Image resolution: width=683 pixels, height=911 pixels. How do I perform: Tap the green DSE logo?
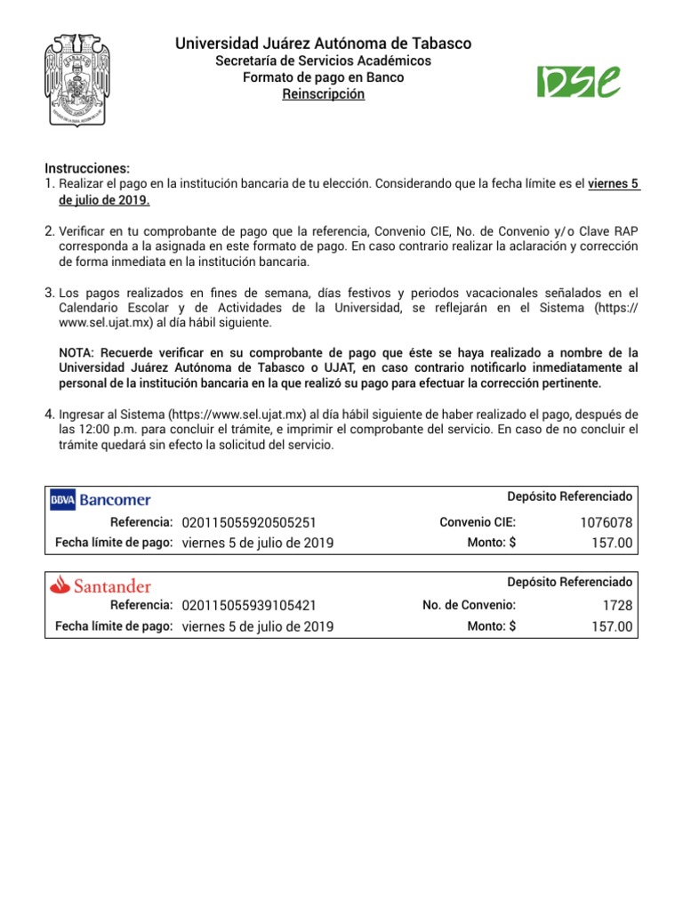pos(578,81)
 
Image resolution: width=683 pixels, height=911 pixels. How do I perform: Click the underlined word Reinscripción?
pos(324,94)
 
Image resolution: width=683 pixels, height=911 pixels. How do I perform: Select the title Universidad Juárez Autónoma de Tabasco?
pos(324,43)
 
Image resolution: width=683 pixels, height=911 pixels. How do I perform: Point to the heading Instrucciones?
pos(87,169)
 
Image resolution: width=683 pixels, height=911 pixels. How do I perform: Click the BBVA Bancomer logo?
pos(100,500)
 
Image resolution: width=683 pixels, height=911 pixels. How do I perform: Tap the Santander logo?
pos(100,585)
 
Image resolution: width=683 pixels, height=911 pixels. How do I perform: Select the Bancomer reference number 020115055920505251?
pos(249,522)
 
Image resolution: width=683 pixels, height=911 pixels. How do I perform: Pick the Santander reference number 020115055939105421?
pos(249,606)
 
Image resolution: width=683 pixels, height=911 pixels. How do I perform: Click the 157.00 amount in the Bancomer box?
pos(612,543)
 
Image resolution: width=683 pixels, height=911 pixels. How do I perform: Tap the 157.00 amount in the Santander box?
pos(612,626)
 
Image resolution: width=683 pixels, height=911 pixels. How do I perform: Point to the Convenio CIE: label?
pos(478,522)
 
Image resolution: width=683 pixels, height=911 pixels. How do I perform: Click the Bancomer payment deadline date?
pos(258,543)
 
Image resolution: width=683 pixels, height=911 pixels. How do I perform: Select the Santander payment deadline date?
pos(258,626)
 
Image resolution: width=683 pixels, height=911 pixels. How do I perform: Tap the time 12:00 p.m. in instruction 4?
pos(92,430)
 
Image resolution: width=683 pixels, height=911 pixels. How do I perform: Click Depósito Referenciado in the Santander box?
pos(570,582)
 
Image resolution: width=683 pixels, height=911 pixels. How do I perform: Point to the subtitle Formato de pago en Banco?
pos(324,77)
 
